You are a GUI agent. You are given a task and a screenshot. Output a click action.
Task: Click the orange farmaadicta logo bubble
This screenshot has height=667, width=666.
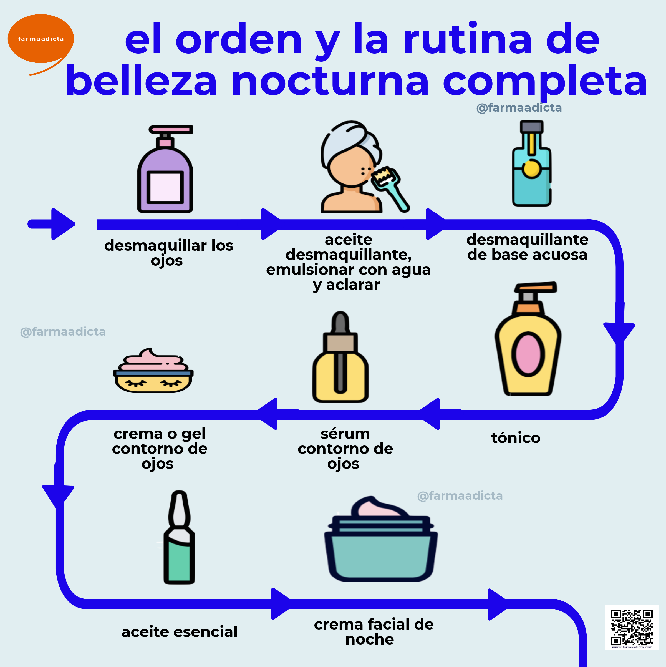point(41,39)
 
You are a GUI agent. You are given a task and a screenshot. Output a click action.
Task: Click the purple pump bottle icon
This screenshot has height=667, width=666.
point(165,169)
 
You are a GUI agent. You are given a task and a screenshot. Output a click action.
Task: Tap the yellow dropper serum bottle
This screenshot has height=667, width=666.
point(340,357)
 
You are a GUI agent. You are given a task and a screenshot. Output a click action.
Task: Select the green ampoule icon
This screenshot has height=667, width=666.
point(179,538)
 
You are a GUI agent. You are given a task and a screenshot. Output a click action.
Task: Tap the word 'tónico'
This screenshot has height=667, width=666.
point(516,438)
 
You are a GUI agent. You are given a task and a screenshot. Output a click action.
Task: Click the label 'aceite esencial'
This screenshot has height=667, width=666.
point(180,632)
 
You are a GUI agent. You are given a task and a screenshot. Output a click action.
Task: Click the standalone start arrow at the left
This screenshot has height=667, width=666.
point(52,224)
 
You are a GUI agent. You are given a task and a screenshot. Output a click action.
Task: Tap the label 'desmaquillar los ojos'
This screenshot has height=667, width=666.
point(169,253)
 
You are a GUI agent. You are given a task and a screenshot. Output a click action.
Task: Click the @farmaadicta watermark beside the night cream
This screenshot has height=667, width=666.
point(460,496)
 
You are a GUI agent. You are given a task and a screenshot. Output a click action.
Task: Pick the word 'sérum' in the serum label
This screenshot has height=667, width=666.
point(345,434)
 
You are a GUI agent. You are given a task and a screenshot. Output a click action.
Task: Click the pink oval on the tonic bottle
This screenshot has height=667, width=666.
point(528,354)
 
